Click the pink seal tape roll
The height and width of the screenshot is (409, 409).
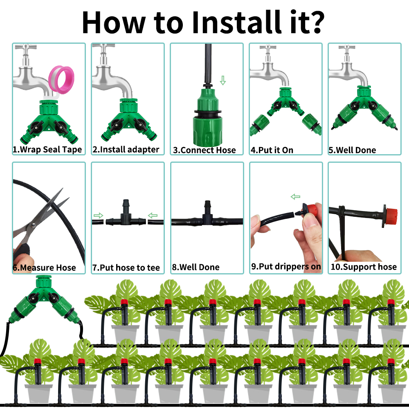[62, 80]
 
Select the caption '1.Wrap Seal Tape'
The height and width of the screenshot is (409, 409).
[47, 149]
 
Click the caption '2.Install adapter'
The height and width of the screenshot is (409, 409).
[126, 149]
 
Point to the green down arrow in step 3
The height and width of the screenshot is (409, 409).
[223, 80]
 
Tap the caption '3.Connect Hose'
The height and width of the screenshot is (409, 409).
[204, 150]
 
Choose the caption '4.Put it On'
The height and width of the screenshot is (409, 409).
[272, 150]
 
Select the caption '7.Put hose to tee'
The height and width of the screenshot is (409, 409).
[126, 267]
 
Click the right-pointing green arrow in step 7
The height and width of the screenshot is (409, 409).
[98, 216]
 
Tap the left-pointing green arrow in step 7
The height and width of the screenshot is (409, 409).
[153, 216]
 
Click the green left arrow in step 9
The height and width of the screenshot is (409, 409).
[295, 197]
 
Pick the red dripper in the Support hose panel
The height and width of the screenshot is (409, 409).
[390, 216]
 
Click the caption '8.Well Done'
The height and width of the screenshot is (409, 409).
[196, 267]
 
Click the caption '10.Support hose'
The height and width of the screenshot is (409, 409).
[364, 267]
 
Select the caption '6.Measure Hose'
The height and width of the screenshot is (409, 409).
[44, 267]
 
